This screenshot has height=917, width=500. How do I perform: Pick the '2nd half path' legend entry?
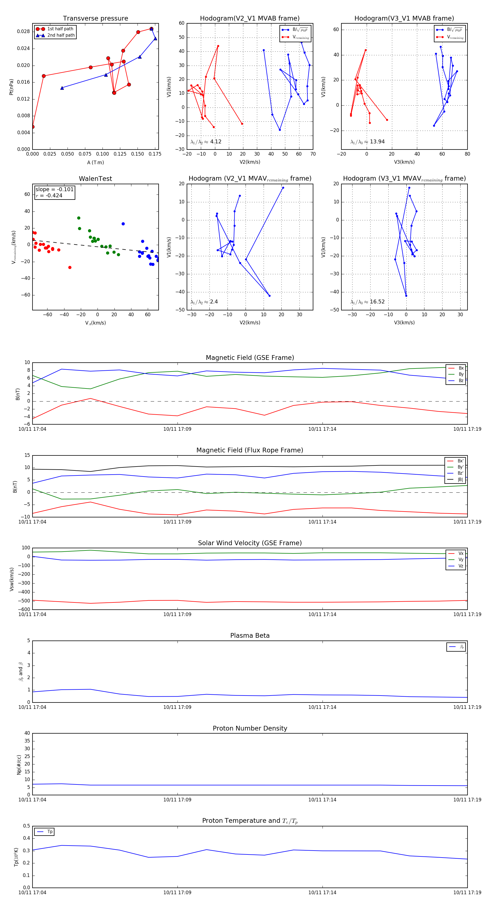61,35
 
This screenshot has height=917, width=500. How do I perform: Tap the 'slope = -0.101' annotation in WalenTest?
54,190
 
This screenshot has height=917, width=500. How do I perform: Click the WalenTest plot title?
95,179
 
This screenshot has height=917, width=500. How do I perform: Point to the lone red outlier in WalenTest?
70,267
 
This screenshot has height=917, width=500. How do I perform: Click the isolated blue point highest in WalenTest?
123,224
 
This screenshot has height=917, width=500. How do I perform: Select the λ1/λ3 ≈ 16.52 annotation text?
367,302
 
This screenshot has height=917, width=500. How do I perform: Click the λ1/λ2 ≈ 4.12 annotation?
206,142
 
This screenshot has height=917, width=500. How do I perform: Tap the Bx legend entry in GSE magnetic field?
461,368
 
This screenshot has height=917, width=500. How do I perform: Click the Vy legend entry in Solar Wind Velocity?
461,560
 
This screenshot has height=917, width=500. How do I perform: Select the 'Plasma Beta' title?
250,636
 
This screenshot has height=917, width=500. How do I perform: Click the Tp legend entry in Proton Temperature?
50,832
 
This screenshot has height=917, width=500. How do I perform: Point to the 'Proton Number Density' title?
250,728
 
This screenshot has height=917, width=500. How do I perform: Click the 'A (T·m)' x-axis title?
95,163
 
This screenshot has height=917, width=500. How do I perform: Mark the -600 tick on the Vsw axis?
24,609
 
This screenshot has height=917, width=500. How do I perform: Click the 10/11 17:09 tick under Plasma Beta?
177,707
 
